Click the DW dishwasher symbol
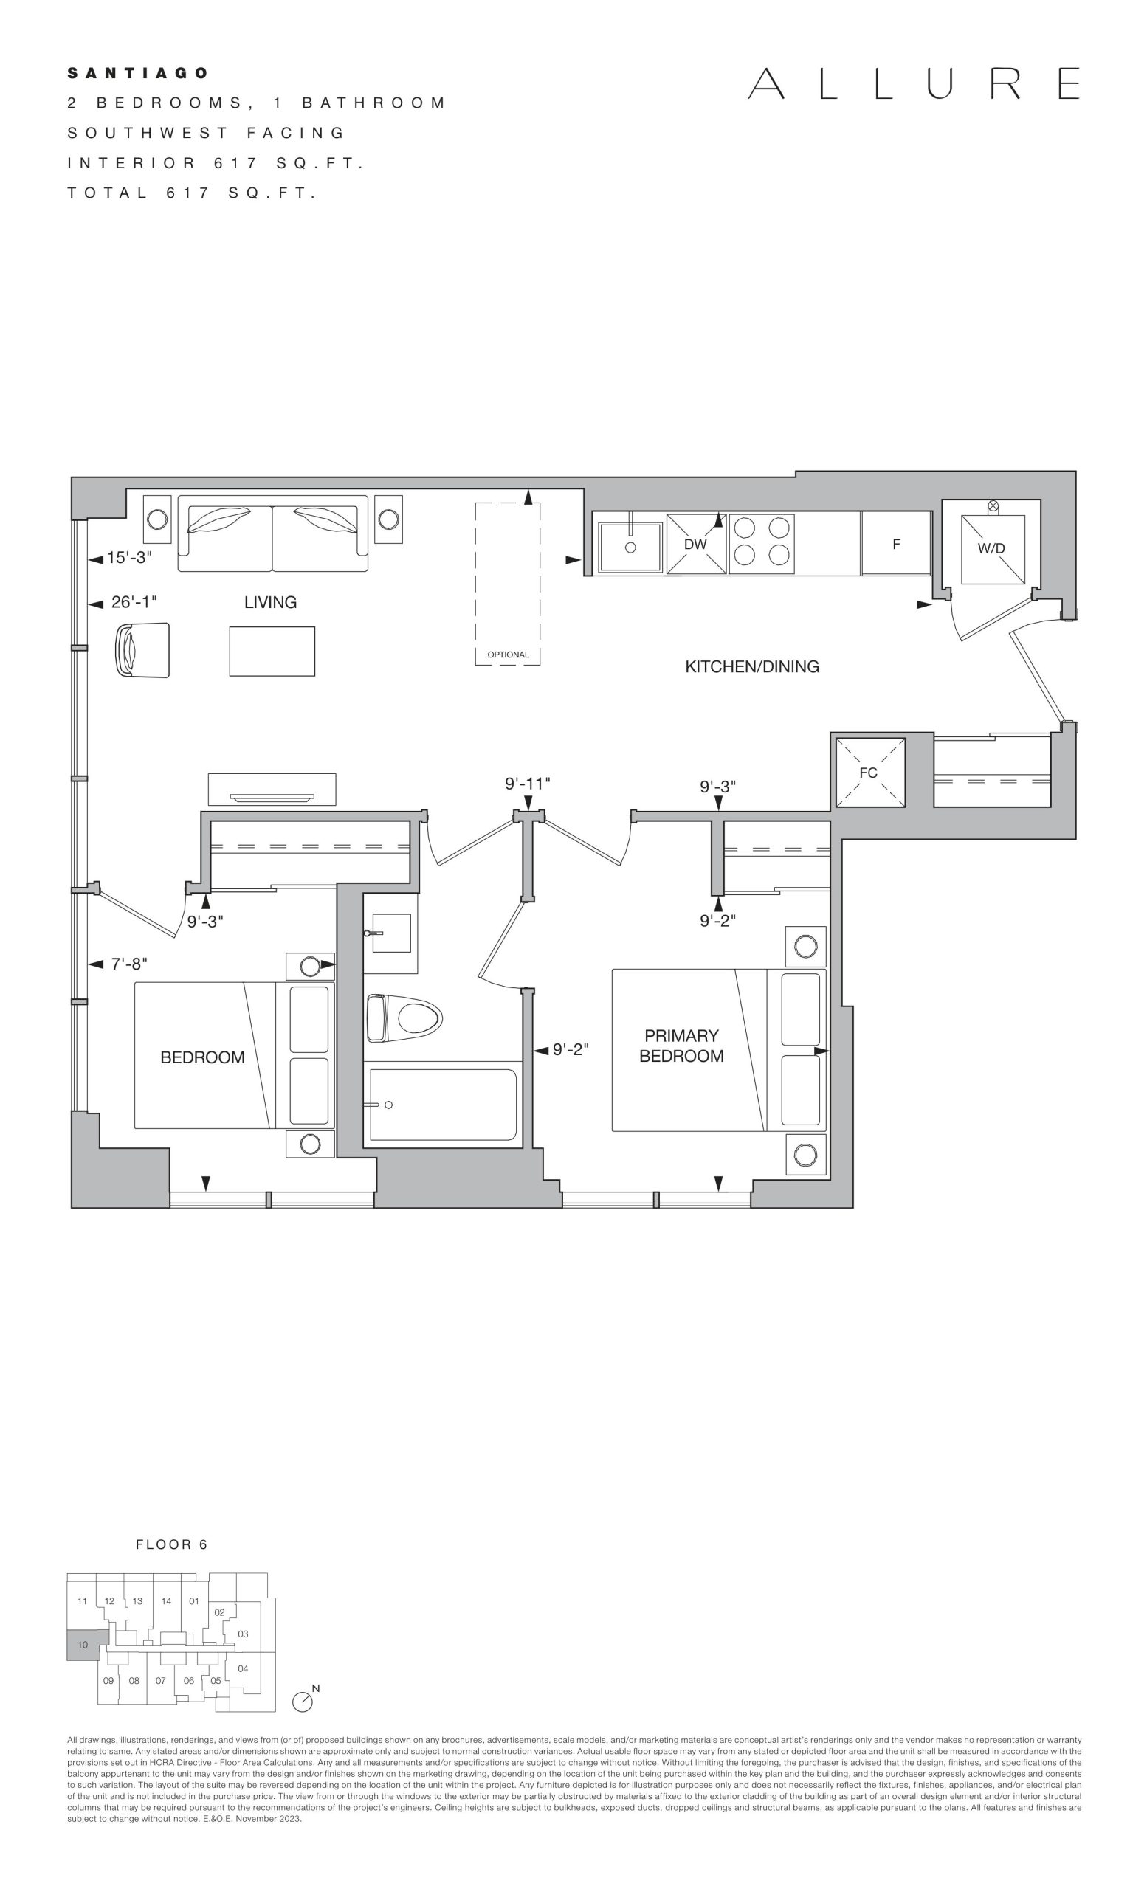coord(696,544)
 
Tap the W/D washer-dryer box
coord(993,549)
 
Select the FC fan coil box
coord(870,772)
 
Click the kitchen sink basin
coord(630,547)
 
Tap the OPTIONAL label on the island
coord(509,655)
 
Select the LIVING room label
coord(271,603)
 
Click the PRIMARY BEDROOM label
coord(681,1046)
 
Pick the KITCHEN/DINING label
coord(752,667)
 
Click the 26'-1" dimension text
coord(134,602)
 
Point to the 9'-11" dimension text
coord(528,784)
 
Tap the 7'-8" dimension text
coord(129,964)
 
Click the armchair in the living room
coord(142,650)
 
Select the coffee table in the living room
coord(272,652)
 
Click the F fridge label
coord(895,545)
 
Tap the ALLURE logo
coord(914,83)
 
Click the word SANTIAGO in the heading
coord(138,74)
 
